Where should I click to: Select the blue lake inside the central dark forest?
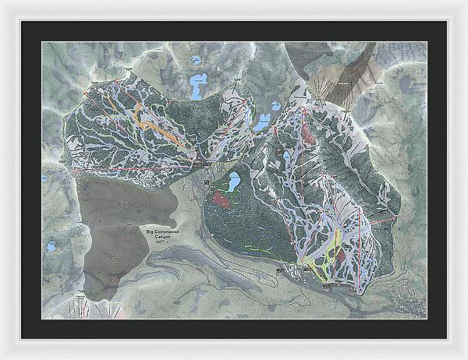click(233, 183)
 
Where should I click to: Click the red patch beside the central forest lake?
click(223, 199)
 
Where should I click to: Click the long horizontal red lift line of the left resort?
click(133, 167)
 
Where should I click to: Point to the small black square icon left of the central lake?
click(207, 182)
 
